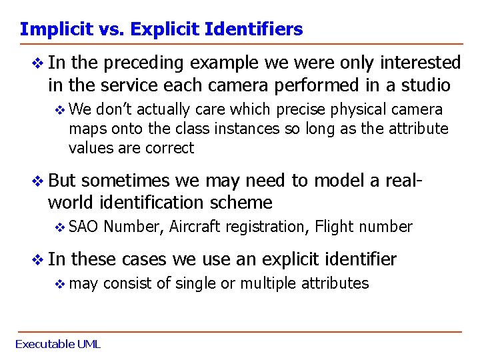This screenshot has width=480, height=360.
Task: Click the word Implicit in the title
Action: pos(49,29)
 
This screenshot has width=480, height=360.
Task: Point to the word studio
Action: pos(427,85)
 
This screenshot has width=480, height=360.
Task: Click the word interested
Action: pos(418,63)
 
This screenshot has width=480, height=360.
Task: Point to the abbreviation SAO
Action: pos(83,227)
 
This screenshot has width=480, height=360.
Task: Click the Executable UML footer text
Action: pos(57,344)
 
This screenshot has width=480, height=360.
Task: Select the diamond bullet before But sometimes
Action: pos(38,181)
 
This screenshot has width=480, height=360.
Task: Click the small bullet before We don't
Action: pos(60,110)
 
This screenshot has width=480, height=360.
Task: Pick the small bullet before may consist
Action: pos(60,284)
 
